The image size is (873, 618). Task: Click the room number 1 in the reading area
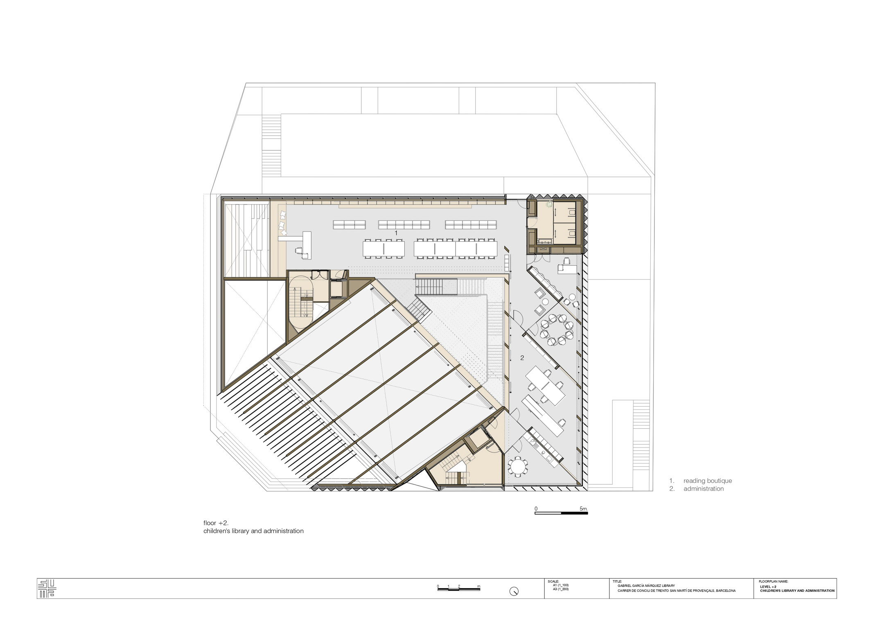point(396,233)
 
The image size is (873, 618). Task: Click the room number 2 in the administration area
point(522,358)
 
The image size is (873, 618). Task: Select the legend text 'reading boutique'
point(708,481)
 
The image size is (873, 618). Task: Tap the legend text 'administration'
point(704,488)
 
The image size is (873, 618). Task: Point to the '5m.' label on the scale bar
point(584,509)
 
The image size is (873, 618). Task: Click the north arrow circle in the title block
point(514,591)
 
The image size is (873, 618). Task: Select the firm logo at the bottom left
point(47,588)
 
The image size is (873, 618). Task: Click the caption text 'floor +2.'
point(216,523)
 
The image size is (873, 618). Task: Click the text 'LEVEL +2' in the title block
point(768,586)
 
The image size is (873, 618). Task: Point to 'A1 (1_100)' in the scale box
point(561,585)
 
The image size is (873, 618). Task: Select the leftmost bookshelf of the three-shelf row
point(349,225)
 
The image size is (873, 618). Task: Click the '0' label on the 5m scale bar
point(536,509)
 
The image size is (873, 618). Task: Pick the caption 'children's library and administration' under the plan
point(253,531)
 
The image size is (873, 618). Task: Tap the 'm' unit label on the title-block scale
point(478,586)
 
